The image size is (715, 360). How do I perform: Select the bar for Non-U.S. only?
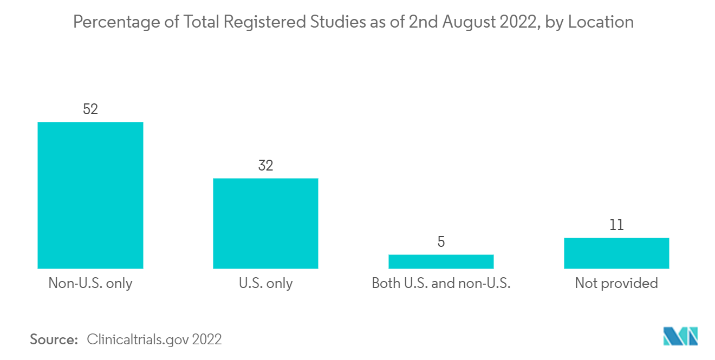tap(90, 195)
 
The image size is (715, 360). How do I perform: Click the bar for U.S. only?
tap(265, 224)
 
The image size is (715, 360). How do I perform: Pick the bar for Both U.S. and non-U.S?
tap(441, 261)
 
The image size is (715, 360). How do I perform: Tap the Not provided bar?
tap(616, 253)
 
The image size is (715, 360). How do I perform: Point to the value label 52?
tap(90, 109)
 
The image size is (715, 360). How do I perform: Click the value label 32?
tap(265, 166)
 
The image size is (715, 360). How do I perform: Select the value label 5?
tap(441, 242)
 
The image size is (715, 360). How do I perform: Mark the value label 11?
tap(616, 225)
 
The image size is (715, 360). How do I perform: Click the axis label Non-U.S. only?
tap(90, 284)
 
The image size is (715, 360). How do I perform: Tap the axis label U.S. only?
tap(265, 284)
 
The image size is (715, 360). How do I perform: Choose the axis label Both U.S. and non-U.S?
tap(441, 283)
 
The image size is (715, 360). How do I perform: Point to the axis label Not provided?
tap(616, 284)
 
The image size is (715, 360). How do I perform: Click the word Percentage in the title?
tap(116, 22)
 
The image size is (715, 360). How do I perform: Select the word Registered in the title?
tap(265, 22)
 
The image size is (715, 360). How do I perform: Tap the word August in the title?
tap(469, 22)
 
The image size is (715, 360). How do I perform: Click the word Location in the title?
tap(601, 22)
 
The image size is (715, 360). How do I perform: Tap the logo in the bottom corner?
tap(680, 336)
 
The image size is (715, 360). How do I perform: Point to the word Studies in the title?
tap(338, 22)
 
